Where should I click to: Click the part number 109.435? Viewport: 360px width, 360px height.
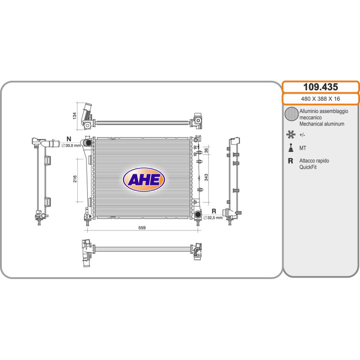(320, 87)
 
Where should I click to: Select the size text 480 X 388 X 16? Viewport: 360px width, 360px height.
(320, 99)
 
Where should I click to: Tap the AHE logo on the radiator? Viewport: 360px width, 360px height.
(144, 180)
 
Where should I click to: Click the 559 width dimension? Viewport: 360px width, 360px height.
(142, 228)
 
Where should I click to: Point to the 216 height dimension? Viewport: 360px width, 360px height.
(75, 179)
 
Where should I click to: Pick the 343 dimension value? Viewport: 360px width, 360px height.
(206, 177)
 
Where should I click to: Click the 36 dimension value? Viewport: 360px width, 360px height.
(206, 151)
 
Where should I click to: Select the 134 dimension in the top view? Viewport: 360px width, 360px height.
(74, 116)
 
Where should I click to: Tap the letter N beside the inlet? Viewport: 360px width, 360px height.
(69, 139)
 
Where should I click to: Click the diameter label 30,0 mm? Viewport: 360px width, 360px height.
(71, 145)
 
